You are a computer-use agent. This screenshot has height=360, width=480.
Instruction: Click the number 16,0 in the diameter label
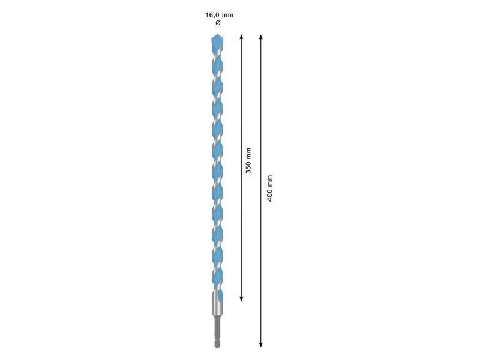(x=212, y=15)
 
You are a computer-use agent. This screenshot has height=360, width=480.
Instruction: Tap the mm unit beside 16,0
(x=227, y=16)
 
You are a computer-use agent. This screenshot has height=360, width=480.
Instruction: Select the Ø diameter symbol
(x=218, y=23)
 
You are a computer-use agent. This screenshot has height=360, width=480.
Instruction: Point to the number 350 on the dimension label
(x=248, y=168)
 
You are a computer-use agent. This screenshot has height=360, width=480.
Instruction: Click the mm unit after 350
(x=248, y=154)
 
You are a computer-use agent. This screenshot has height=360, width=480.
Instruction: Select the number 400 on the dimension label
(x=269, y=196)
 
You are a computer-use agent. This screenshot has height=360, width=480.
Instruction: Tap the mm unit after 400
(x=269, y=181)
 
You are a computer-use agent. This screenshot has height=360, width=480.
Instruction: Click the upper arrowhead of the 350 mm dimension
(x=242, y=37)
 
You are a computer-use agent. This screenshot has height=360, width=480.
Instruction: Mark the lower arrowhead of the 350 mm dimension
(x=242, y=298)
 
